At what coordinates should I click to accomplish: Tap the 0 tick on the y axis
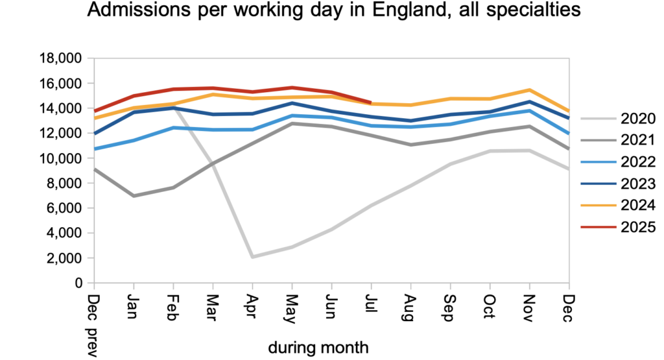pyautogui.click(x=82, y=283)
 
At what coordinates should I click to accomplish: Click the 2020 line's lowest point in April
pyautogui.click(x=252, y=257)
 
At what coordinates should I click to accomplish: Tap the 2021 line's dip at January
pyautogui.click(x=134, y=196)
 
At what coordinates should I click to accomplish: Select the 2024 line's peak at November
pyautogui.click(x=529, y=90)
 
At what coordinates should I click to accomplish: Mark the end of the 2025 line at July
pyautogui.click(x=370, y=102)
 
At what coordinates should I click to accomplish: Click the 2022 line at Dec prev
pyautogui.click(x=95, y=149)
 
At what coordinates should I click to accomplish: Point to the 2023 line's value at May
pyautogui.click(x=292, y=103)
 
